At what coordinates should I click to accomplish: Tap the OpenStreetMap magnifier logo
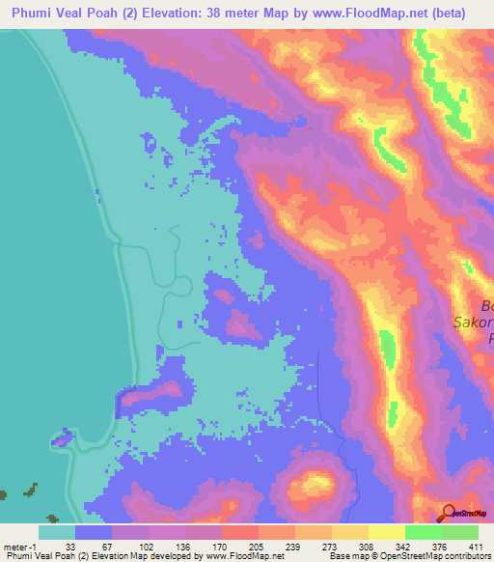449,512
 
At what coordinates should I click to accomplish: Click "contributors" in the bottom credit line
467,556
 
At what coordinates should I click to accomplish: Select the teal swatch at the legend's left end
57,532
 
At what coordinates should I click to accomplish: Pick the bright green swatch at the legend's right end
459,532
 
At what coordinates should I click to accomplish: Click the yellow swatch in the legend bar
349,532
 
